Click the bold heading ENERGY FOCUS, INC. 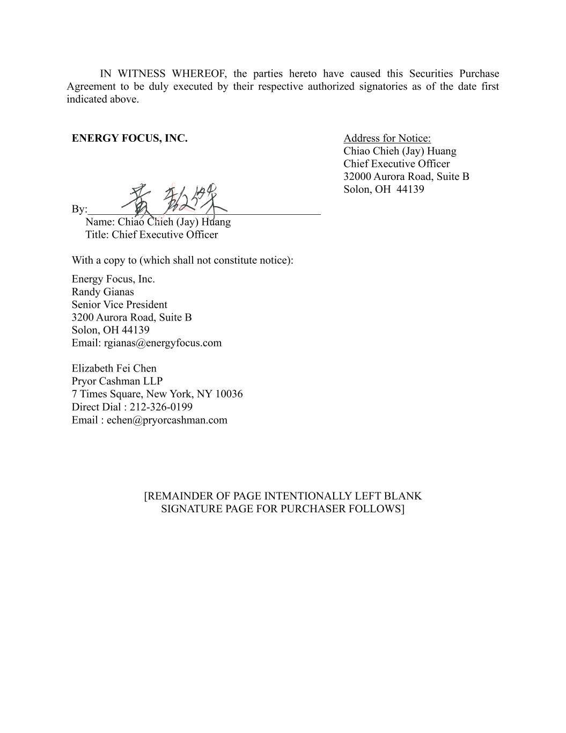pos(129,139)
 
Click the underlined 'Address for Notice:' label pos(387,139)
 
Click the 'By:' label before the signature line pos(79,209)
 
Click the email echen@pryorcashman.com pos(167,420)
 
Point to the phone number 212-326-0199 pos(161,407)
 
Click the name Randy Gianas pos(103,292)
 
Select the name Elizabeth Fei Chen pos(114,368)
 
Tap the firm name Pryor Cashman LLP pos(117,381)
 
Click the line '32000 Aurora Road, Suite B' pos(406,177)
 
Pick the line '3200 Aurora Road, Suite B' pos(131,317)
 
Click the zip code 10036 pos(229,394)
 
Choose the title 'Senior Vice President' pos(120,304)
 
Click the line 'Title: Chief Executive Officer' pos(151,235)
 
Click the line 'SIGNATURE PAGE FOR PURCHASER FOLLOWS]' pos(283,509)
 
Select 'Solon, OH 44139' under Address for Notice pos(384,190)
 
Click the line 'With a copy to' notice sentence pos(182,260)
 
